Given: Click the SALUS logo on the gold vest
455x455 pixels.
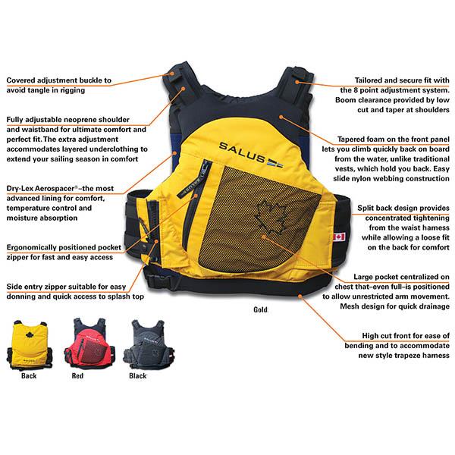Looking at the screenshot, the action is tap(251, 155).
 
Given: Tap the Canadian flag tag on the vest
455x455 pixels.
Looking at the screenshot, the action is tap(339, 237).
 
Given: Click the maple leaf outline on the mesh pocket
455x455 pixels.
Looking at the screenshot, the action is tap(271, 218).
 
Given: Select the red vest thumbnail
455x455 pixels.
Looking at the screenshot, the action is tap(89, 343).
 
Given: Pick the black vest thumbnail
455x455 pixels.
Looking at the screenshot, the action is tap(149, 343).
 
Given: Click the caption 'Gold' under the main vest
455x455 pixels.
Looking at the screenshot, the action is tap(260, 309).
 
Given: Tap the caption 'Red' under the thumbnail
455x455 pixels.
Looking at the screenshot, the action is tap(77, 376).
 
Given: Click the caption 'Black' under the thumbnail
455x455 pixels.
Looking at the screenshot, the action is tap(137, 376).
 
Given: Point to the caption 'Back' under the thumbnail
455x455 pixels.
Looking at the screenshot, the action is tap(29, 376).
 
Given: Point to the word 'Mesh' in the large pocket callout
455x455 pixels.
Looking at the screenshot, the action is tap(350, 306).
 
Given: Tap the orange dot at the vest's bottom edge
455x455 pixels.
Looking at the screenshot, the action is tap(300, 296).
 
